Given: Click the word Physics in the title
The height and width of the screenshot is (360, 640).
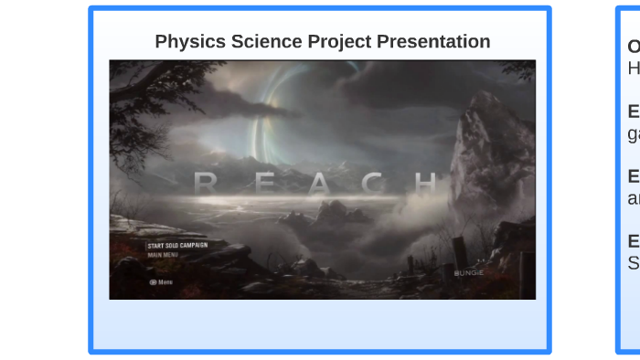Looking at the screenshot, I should [187, 42].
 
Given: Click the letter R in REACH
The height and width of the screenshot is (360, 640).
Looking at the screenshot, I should [206, 184].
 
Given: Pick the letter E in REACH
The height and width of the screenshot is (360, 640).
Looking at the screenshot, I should [263, 184].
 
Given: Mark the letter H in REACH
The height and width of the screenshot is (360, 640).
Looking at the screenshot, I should [426, 184].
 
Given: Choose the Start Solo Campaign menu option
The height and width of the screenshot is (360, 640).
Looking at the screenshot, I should [177, 246].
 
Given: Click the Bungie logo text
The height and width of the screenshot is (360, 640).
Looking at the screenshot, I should [468, 272].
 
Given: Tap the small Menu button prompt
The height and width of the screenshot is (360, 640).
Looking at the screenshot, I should [161, 282].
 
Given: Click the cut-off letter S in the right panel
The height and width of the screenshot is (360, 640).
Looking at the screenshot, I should [634, 263].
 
